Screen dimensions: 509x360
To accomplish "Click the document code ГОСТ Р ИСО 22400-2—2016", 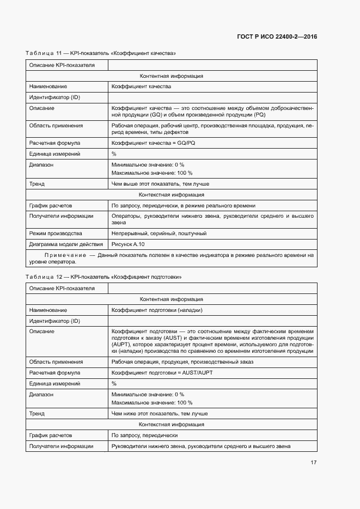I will point(277,36).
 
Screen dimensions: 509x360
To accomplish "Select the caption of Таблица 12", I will point(103,277).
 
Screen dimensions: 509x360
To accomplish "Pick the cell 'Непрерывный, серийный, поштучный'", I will point(158,233).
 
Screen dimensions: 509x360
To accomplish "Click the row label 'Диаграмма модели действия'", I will point(65,244).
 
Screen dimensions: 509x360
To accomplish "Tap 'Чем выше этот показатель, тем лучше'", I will point(160,184).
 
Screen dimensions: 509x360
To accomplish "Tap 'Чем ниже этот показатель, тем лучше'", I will point(160,414).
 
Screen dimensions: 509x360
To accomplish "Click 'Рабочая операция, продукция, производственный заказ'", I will point(182,362).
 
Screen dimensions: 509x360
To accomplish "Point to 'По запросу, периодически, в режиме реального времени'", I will point(183,206).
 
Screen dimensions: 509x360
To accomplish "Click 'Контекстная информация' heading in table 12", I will point(172,424).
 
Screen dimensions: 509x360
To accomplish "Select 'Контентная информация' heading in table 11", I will point(172,76).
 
